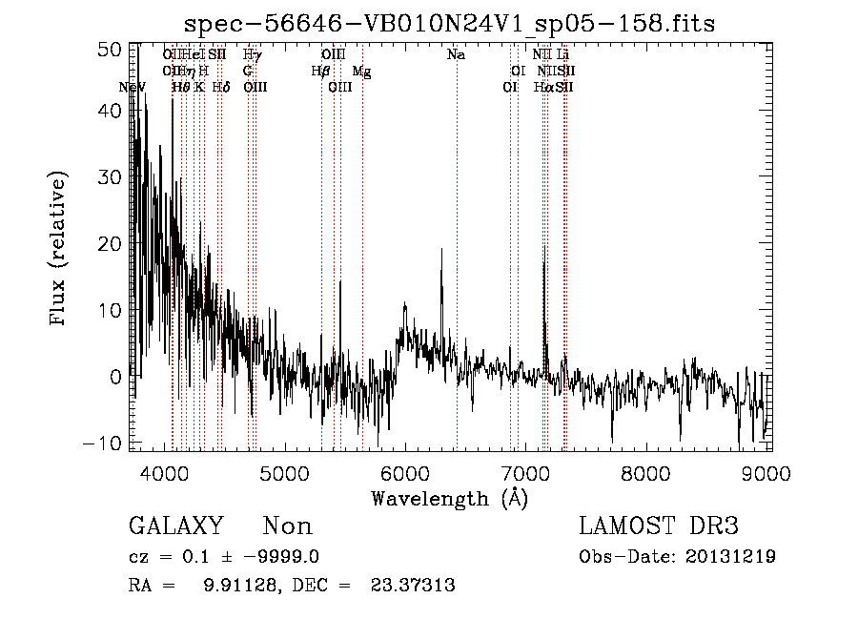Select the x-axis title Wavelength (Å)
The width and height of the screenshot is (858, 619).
(449, 498)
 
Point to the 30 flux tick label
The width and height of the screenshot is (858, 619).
(111, 178)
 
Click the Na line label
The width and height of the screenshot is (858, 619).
(457, 55)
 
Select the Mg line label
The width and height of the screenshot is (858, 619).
(362, 72)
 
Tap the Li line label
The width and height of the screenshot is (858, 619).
(563, 55)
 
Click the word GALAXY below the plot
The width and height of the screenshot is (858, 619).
(175, 526)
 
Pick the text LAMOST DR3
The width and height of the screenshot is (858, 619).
(659, 526)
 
